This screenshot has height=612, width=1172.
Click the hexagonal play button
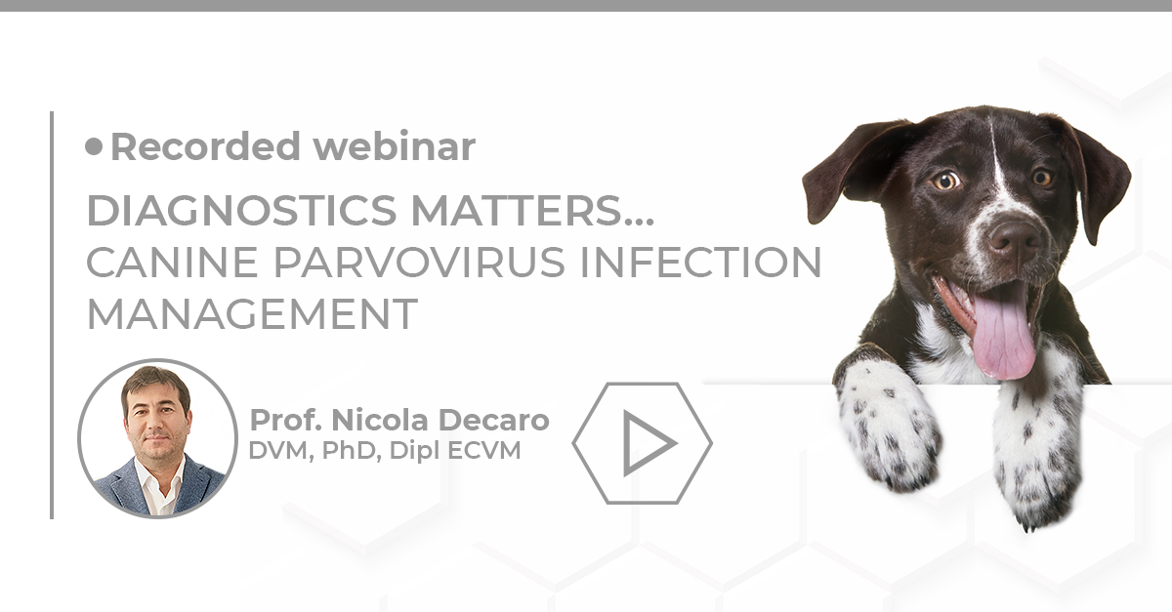643,443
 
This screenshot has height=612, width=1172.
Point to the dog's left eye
944,182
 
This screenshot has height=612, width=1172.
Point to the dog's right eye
1042,178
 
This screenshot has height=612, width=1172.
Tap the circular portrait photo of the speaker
156,438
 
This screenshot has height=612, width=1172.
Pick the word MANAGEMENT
252,314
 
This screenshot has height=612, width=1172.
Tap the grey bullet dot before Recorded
94,146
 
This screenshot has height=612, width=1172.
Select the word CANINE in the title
155,263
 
